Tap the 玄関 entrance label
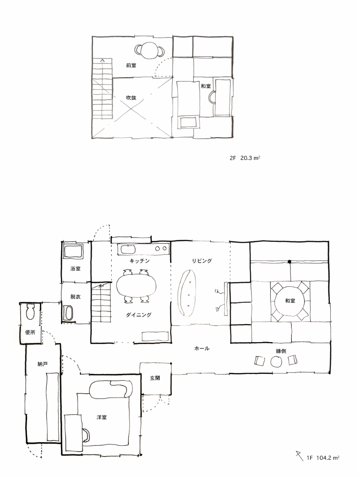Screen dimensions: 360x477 point(155,378)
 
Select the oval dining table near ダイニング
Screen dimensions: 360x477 point(136,286)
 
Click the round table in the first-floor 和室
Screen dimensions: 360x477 point(290,301)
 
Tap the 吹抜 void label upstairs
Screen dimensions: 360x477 point(131,98)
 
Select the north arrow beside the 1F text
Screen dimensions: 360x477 point(299,455)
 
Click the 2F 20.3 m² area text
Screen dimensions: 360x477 point(245,158)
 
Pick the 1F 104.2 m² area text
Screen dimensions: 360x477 point(323,457)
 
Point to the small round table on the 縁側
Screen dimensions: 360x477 point(276,361)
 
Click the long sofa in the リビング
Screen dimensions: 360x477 point(186,293)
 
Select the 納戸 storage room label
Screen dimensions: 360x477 point(43,364)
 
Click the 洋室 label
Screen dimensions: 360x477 point(101,417)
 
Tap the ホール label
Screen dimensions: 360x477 point(202,348)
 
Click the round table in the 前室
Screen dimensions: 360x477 point(149,50)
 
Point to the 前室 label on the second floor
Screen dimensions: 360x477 point(131,66)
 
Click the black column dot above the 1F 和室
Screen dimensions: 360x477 point(289,262)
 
